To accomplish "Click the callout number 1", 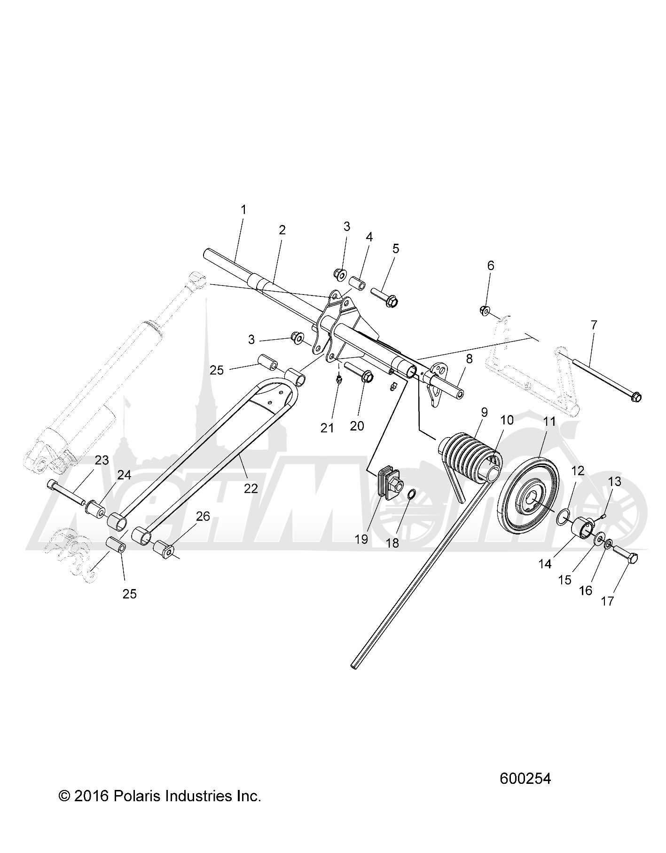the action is coord(243,209).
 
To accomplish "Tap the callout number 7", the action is coord(594,325).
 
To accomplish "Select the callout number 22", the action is coord(251,488).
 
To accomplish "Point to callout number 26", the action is coord(203,517).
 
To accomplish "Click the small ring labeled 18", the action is coord(410,494).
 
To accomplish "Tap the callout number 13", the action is coord(614,482).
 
